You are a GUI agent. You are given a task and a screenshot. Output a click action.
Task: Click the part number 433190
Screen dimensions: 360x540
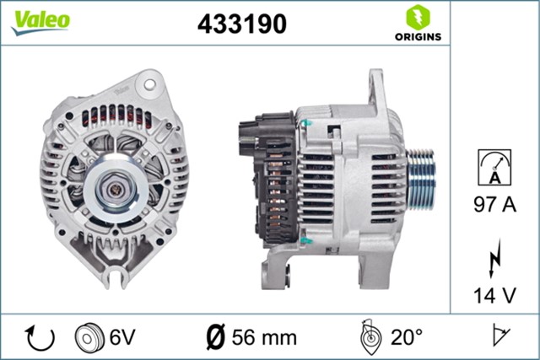[x=241, y=24]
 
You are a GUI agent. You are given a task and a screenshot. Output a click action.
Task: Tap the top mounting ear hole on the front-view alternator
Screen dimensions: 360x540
[x=150, y=85]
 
